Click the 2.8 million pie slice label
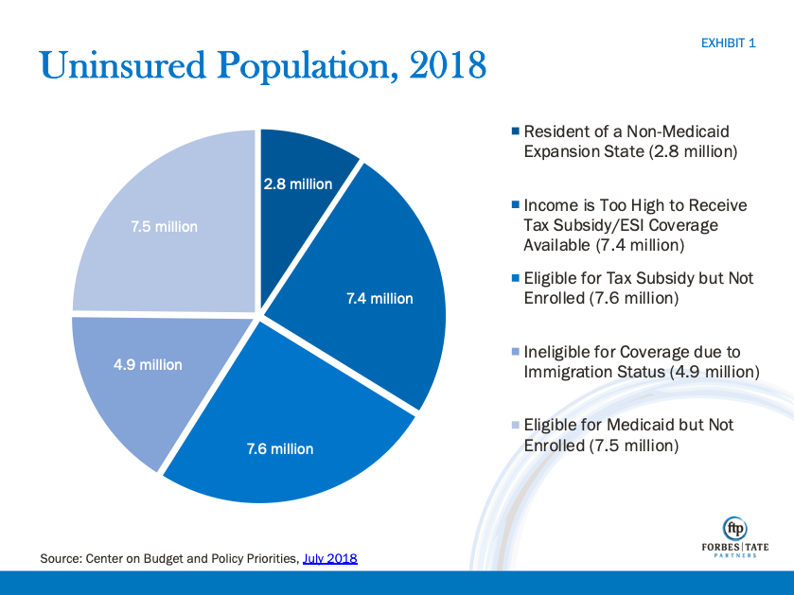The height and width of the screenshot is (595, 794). [x=298, y=184]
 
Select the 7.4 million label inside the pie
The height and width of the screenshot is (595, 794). [x=379, y=299]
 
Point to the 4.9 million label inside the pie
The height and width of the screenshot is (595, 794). [x=148, y=364]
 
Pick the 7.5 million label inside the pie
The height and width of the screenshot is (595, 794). [x=164, y=227]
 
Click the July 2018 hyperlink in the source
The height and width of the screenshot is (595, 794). [x=329, y=559]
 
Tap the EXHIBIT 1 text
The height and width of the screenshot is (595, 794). [x=728, y=44]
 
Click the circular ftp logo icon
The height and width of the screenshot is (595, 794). [x=734, y=528]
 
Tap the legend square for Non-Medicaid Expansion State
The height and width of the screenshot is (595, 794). [x=515, y=131]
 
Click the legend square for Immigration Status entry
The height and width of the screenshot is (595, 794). [x=515, y=351]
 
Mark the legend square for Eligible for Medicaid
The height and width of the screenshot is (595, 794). [x=515, y=425]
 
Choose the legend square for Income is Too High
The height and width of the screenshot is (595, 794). [x=515, y=204]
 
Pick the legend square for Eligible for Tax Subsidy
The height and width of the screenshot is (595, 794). [x=515, y=278]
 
